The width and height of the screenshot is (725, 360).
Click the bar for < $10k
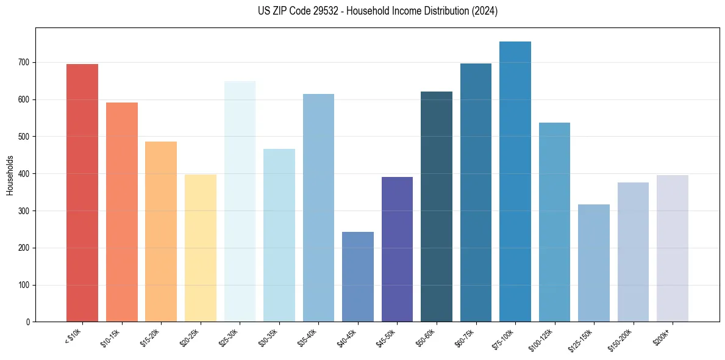(82, 193)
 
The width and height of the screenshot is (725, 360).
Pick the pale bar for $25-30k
(240, 201)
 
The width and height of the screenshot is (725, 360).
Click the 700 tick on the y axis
(28, 62)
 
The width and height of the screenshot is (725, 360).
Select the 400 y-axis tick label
(28, 174)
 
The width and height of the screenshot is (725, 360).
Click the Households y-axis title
(10, 175)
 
